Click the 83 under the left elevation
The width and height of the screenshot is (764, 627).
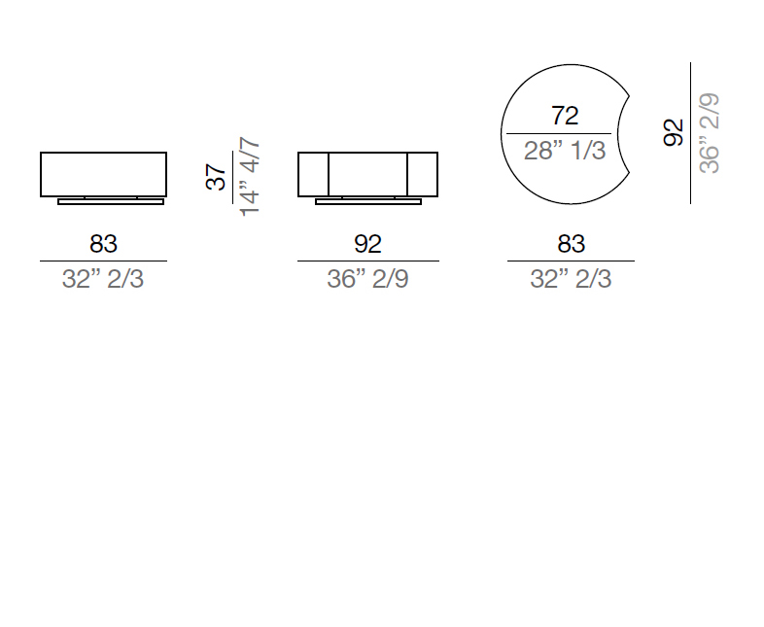click(103, 244)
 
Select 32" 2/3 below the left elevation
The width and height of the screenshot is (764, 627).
click(103, 279)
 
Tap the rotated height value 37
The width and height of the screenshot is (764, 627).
click(216, 177)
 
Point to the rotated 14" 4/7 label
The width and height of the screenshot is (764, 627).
click(250, 176)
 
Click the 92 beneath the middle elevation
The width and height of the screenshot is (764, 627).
click(367, 244)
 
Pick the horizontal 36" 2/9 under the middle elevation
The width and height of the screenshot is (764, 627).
click(367, 279)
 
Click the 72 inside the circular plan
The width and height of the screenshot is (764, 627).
click(565, 116)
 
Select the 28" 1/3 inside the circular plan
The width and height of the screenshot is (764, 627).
click(565, 151)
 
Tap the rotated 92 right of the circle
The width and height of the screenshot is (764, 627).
click(674, 132)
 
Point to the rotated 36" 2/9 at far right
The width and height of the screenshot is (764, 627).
click(709, 133)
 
